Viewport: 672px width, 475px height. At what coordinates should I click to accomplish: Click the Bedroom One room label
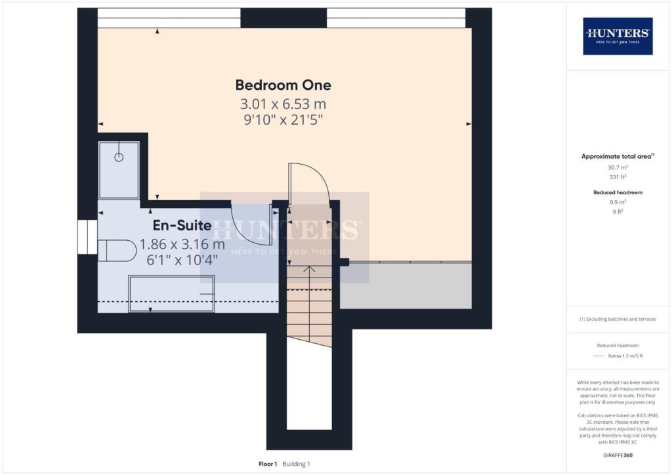[x=283, y=85]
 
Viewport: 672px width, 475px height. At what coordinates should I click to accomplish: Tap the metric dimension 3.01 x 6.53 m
[x=283, y=104]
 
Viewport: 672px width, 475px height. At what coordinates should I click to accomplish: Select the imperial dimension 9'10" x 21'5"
[x=283, y=120]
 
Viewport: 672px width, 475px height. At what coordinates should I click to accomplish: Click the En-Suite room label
[x=182, y=226]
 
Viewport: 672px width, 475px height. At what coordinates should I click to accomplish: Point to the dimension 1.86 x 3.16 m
[x=182, y=244]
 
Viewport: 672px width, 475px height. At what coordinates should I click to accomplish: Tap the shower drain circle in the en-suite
[x=119, y=157]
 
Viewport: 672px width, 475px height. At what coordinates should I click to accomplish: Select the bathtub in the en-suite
[x=171, y=293]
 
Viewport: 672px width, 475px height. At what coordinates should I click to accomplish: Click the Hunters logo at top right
[x=618, y=35]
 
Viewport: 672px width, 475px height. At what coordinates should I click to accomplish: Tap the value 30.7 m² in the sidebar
[x=618, y=167]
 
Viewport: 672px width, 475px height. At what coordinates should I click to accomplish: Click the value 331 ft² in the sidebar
[x=618, y=176]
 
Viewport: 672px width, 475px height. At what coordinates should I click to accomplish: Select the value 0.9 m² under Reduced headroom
[x=618, y=203]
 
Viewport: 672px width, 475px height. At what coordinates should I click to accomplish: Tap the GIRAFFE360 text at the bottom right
[x=618, y=455]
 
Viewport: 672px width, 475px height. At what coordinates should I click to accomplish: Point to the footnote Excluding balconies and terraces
[x=618, y=320]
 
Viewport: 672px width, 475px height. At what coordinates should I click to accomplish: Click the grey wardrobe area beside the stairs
[x=406, y=285]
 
